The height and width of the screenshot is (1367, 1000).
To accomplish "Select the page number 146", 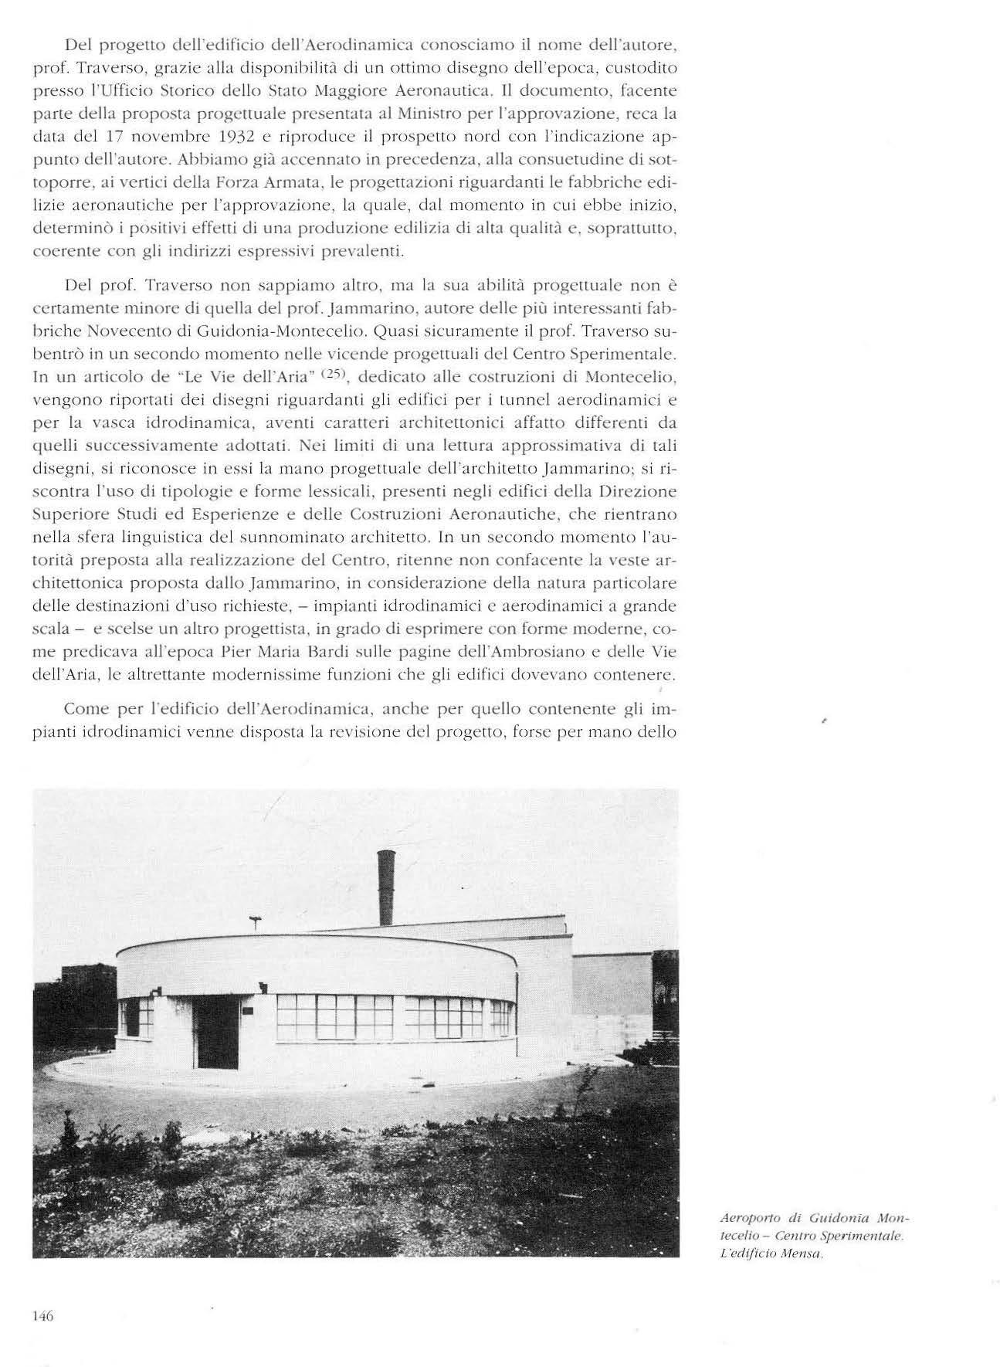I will [x=42, y=1317].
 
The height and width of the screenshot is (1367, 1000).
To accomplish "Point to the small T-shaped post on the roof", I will [x=256, y=921].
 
